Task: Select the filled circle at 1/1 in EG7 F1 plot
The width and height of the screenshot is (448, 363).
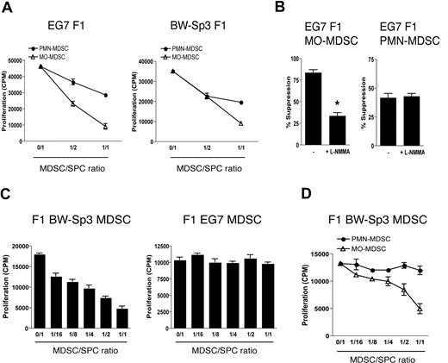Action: pyautogui.click(x=106, y=95)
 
